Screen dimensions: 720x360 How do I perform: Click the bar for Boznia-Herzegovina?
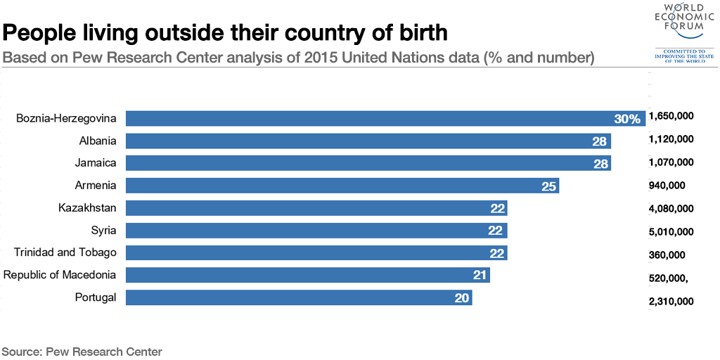coord(386,118)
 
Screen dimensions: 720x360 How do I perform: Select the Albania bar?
coord(368,141)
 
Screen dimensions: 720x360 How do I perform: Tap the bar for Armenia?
coord(342,186)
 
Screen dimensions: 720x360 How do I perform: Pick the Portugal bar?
coord(299,297)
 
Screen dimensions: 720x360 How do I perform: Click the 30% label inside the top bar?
coord(627,119)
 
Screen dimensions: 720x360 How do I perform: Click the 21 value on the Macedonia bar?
coord(480,275)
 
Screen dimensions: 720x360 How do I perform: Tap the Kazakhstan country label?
coord(87,207)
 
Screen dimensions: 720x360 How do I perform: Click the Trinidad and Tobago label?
coord(65,252)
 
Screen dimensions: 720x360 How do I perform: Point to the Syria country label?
coord(104,230)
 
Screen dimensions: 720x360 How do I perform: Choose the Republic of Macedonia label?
coord(60,275)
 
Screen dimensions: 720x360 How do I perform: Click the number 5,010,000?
coord(671,231)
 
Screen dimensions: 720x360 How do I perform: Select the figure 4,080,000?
coord(671,208)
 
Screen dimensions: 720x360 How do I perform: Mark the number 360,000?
coord(667,255)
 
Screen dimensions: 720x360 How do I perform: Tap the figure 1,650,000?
coord(671,116)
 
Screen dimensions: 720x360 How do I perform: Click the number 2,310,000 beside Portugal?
coord(671,301)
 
